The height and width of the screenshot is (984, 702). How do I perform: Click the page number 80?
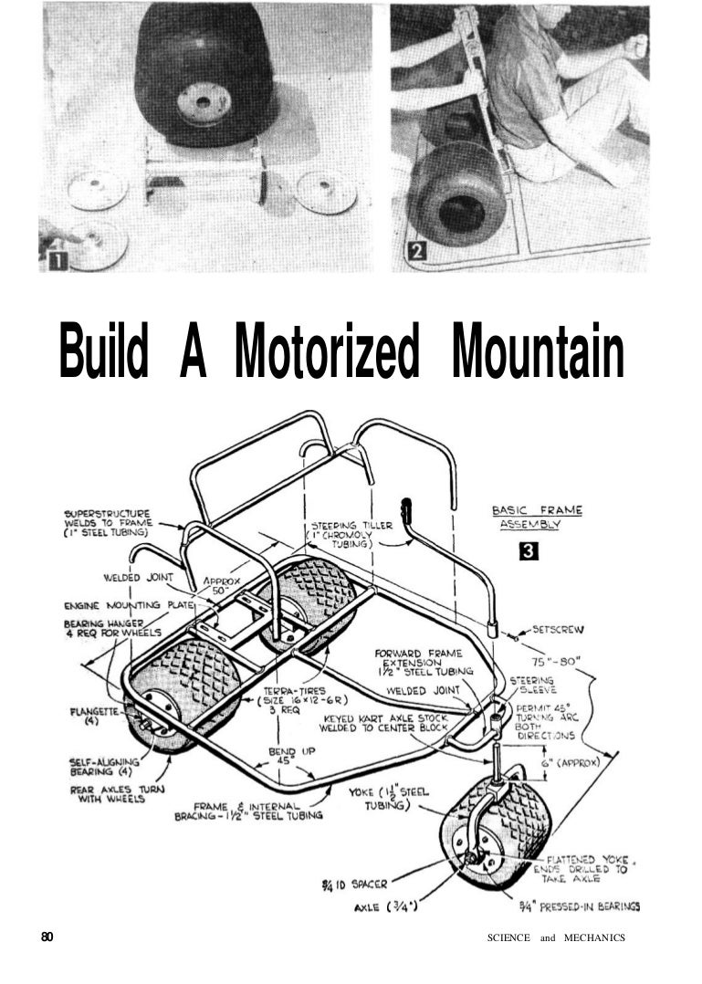click(47, 937)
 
